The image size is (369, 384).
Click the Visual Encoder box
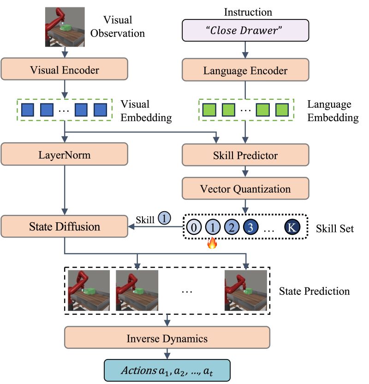pos(65,71)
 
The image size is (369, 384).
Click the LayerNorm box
pos(65,155)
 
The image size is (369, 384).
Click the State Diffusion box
pos(65,227)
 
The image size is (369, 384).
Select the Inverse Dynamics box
pos(167,338)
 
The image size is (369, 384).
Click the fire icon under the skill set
pos(212,243)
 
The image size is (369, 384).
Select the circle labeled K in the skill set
pos(291,227)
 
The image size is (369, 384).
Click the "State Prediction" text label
pos(314,292)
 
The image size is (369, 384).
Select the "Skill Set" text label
pos(335,228)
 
